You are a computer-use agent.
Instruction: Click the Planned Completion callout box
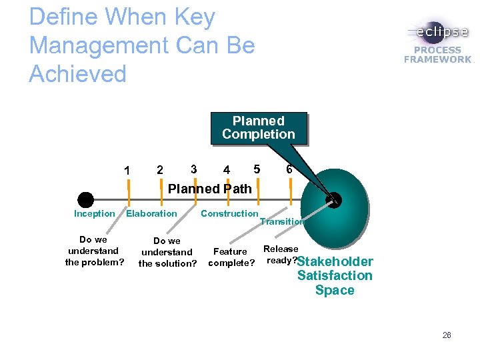(x=259, y=128)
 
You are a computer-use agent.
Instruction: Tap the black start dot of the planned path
(x=85, y=199)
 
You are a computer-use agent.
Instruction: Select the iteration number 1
(x=127, y=171)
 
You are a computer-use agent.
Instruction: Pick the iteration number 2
(x=159, y=170)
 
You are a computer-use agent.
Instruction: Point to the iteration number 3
(x=193, y=169)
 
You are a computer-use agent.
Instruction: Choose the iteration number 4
(x=227, y=170)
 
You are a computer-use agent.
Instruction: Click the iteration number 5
(x=257, y=169)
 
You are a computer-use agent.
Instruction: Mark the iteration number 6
(x=289, y=169)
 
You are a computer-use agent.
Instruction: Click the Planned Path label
(x=210, y=189)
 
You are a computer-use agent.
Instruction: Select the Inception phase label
(x=94, y=214)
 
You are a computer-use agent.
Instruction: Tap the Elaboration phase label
(x=151, y=214)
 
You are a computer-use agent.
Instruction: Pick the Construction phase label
(x=229, y=214)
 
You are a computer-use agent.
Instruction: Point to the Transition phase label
(x=281, y=222)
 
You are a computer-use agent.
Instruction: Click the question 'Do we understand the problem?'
(x=94, y=251)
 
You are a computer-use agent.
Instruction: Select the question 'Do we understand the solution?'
(x=167, y=252)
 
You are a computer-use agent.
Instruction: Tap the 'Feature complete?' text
(x=231, y=257)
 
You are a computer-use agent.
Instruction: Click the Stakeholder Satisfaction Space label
(x=335, y=276)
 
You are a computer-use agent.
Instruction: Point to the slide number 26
(x=446, y=335)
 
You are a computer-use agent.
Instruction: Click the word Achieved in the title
(x=78, y=73)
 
